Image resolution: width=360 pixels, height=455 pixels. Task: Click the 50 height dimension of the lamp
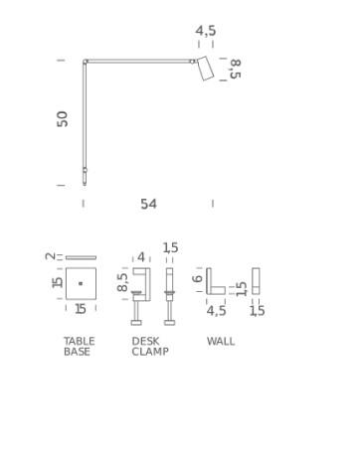coord(63,119)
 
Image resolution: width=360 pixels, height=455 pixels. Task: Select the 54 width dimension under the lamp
coord(148,204)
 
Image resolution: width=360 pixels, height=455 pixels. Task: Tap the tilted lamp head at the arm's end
coord(206,68)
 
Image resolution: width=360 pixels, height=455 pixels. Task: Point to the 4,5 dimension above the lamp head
coord(206,31)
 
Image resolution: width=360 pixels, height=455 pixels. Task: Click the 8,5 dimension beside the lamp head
coord(235,69)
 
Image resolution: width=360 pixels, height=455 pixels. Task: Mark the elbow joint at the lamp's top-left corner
coord(86,62)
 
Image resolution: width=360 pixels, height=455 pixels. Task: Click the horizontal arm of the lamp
coord(139,62)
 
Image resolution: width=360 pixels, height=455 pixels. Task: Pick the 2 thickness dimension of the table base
coord(50,256)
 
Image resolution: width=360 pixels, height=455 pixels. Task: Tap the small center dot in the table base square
coord(81,283)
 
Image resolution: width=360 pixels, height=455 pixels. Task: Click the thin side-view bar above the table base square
coord(81,257)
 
